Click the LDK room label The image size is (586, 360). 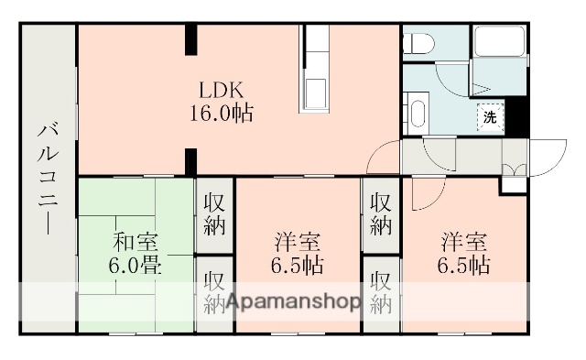222,91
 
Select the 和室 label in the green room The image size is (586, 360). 136,243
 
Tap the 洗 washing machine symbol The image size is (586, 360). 491,116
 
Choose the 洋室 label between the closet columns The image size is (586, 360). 298,243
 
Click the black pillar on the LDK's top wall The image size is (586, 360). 191,39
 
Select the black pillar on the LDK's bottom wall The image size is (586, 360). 191,160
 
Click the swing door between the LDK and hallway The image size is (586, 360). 383,158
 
